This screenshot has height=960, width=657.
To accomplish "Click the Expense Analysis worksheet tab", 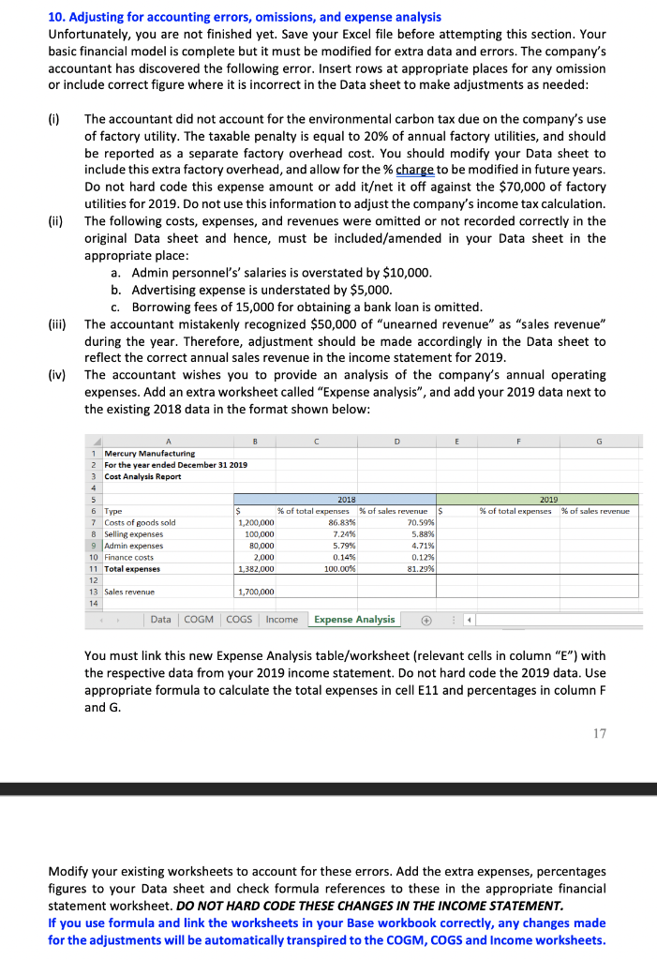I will (354, 619).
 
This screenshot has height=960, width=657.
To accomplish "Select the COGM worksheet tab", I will (198, 619).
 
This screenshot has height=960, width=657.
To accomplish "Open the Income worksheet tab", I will (282, 619).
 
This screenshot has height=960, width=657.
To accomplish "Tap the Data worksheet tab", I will (161, 619).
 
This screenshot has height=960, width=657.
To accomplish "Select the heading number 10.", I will (55, 18).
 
